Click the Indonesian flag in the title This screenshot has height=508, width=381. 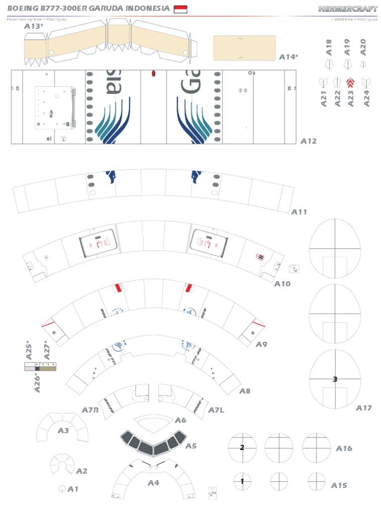pos(180,8)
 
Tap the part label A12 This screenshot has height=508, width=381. pos(308,141)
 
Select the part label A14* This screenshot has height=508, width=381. pos(289,57)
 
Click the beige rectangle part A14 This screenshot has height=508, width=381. pos(244,48)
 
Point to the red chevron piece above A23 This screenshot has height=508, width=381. pos(350,83)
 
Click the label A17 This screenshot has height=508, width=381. pos(364,408)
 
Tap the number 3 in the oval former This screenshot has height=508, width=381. pos(335,379)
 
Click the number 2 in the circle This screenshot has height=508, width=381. pos(242,447)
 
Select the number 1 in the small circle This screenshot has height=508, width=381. pos(242,481)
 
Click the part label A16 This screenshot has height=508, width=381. pos(344,448)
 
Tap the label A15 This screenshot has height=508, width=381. pos(339,485)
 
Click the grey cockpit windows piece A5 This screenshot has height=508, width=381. pos(153,444)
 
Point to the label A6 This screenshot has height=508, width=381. pos(181,420)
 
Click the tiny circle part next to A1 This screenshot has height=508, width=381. pos(62,489)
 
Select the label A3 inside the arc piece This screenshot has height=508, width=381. pos(63,431)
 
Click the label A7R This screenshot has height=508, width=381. pos(90,410)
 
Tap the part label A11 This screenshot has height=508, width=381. pos(299,212)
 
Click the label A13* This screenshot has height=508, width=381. pos(34,26)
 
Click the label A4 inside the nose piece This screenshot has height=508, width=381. pos(153,482)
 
